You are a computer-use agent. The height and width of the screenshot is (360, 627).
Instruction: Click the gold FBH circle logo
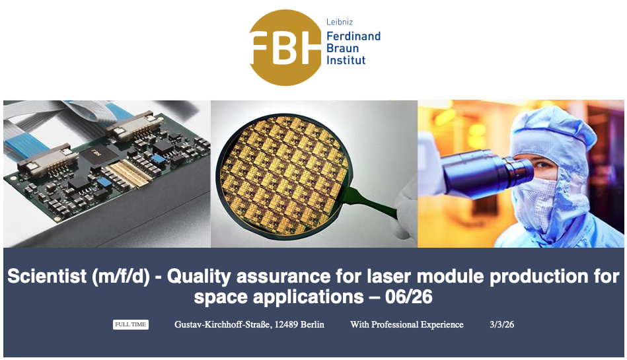285,48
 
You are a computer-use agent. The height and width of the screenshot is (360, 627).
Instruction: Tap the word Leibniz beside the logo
340,22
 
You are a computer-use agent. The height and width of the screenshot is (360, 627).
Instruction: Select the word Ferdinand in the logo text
353,36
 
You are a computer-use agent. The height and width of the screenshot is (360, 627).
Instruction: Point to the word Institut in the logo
346,60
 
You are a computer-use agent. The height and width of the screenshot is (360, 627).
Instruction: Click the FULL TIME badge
131,324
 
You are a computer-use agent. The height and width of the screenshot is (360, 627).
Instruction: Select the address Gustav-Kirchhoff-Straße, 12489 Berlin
249,324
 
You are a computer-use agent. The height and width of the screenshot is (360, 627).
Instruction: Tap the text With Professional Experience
407,324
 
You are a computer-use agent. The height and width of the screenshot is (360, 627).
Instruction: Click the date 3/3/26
502,324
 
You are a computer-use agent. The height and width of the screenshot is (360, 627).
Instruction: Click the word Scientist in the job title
47,276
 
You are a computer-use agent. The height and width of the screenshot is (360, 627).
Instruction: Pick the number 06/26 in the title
409,297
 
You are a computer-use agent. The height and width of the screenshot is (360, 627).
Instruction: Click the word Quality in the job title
199,276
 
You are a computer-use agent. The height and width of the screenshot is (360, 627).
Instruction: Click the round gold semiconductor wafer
282,176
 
